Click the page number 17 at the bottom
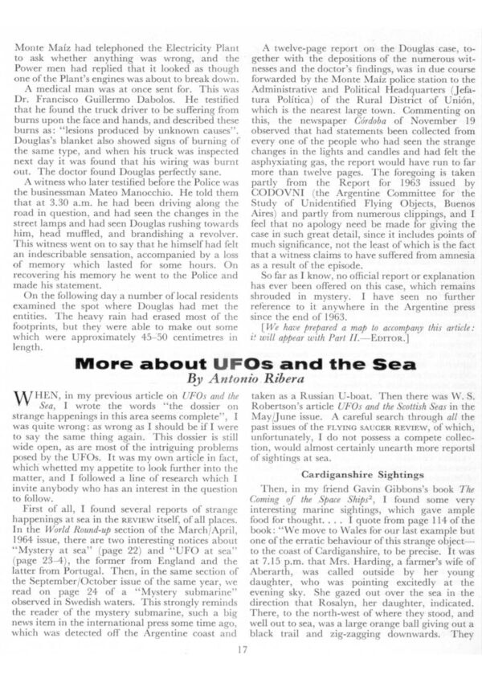point(241,651)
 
